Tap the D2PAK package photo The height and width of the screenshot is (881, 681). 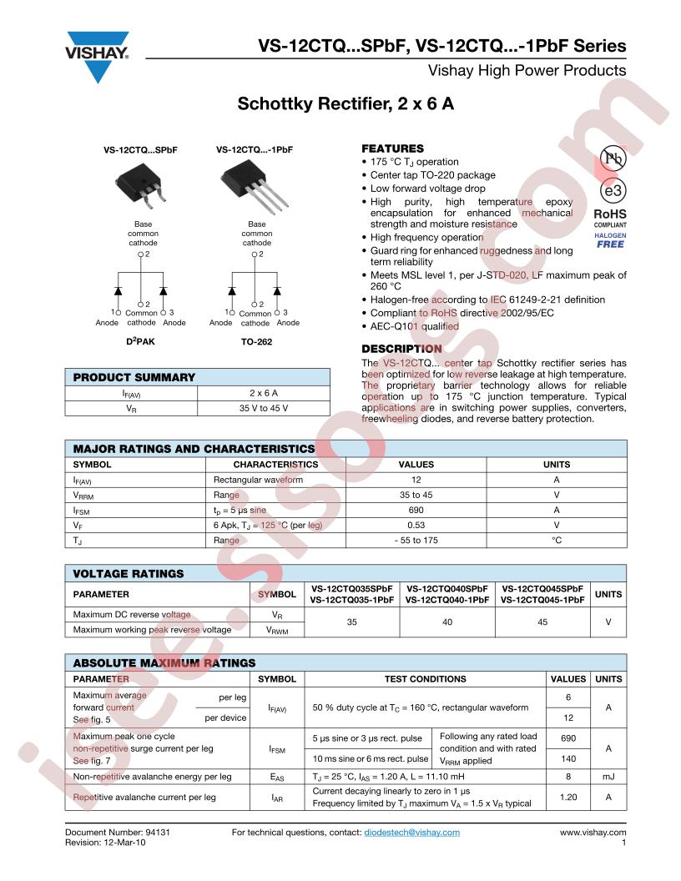(x=139, y=177)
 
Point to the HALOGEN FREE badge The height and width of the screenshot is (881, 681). (x=610, y=239)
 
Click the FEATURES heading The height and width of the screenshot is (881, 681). (x=392, y=149)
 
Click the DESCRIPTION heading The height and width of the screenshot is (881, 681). (x=401, y=349)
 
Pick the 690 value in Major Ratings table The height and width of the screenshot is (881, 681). (x=416, y=510)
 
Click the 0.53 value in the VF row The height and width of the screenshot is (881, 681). (x=416, y=525)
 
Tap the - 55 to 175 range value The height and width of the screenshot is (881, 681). (x=416, y=540)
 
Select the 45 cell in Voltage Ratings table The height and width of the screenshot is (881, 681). (x=542, y=622)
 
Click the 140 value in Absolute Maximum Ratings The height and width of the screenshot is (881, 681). (x=567, y=758)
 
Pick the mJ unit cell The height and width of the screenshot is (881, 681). (x=609, y=777)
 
